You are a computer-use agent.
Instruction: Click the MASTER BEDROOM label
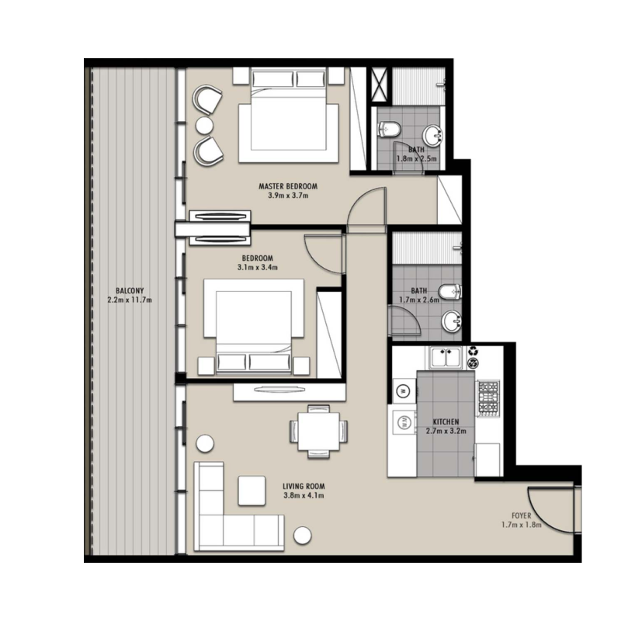pyautogui.click(x=288, y=186)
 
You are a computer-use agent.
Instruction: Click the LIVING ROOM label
pyautogui.click(x=304, y=487)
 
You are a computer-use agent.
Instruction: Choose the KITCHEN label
pyautogui.click(x=446, y=422)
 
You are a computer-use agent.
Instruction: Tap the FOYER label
pyautogui.click(x=521, y=515)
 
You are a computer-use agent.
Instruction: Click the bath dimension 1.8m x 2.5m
pyautogui.click(x=417, y=158)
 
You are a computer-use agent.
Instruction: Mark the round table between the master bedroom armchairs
pyautogui.click(x=205, y=125)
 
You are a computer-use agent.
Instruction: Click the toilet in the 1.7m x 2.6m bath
pyautogui.click(x=450, y=293)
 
